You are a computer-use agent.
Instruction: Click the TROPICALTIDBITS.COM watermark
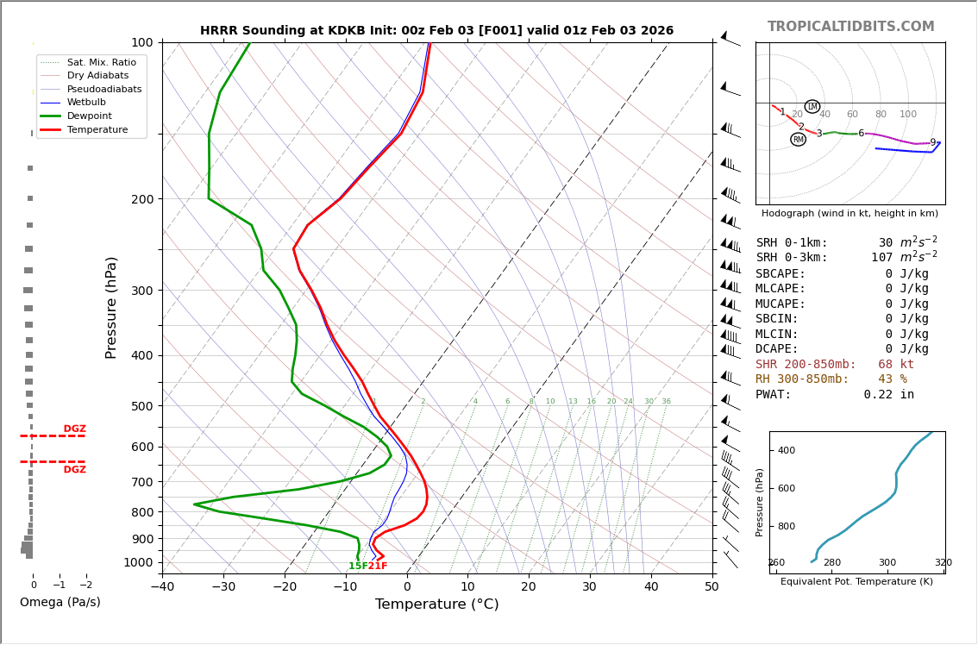point(850,27)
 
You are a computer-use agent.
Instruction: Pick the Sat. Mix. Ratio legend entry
point(101,63)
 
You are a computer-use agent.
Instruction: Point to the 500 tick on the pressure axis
point(141,406)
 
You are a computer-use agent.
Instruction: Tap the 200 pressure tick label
point(141,199)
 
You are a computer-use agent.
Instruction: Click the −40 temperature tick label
point(162,587)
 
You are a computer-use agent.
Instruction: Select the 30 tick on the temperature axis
point(589,587)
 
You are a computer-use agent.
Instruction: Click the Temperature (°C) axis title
point(436,604)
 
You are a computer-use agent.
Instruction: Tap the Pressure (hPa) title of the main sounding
point(111,307)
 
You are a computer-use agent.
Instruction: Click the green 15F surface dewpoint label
point(358,567)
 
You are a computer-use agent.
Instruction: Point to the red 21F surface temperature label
point(378,567)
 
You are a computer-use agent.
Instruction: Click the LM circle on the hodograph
point(812,107)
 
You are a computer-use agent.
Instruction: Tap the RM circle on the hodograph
point(799,140)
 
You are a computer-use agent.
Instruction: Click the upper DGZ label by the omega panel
point(74,429)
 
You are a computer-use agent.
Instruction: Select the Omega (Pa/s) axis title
point(60,603)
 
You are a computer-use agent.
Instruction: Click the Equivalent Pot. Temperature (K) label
point(856,582)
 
